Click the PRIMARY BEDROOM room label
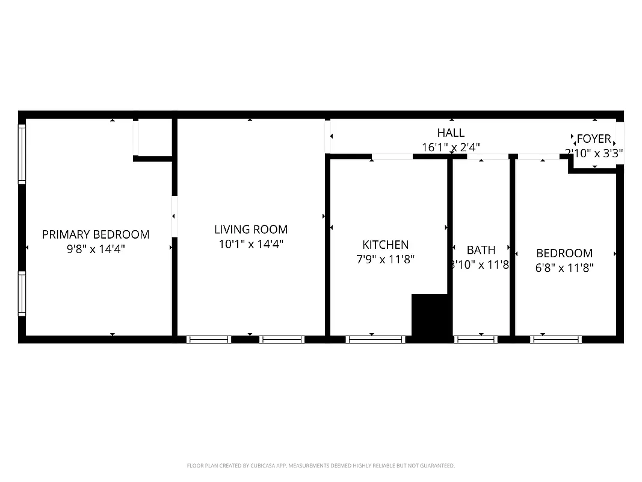pyautogui.click(x=96, y=234)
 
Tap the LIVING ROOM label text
pyautogui.click(x=251, y=230)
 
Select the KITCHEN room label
pyautogui.click(x=385, y=245)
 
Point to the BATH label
pyautogui.click(x=481, y=250)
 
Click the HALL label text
pyautogui.click(x=451, y=133)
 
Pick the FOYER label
pyautogui.click(x=594, y=139)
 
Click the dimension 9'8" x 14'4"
pyautogui.click(x=96, y=248)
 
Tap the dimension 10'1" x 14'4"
pyautogui.click(x=251, y=244)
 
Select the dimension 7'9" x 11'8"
pyautogui.click(x=386, y=259)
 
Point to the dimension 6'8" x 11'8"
pyautogui.click(x=564, y=268)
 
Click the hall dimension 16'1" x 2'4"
pyautogui.click(x=451, y=146)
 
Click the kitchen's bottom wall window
pyautogui.click(x=376, y=339)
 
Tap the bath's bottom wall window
pyautogui.click(x=476, y=339)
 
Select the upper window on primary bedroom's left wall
pyautogui.click(x=22, y=154)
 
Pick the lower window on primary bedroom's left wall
pyautogui.click(x=22, y=294)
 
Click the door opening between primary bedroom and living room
pyautogui.click(x=174, y=216)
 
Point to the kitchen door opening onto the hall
pyautogui.click(x=392, y=157)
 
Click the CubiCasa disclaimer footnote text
pyautogui.click(x=321, y=466)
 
